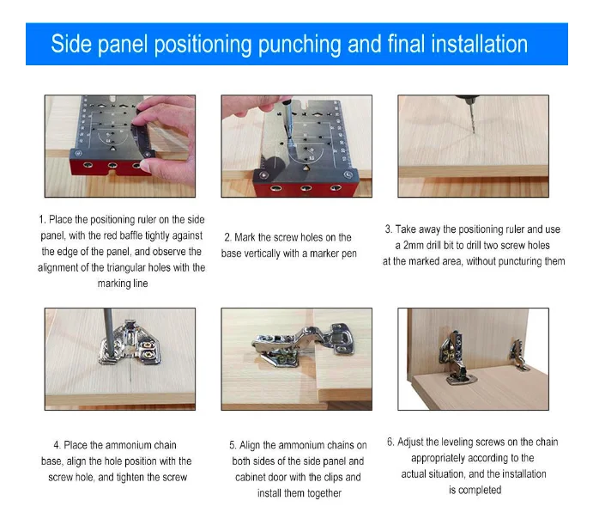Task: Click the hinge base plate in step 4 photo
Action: (130, 345)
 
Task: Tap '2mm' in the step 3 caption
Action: (414, 245)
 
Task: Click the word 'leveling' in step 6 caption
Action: (457, 443)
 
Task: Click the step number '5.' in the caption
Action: (233, 445)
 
